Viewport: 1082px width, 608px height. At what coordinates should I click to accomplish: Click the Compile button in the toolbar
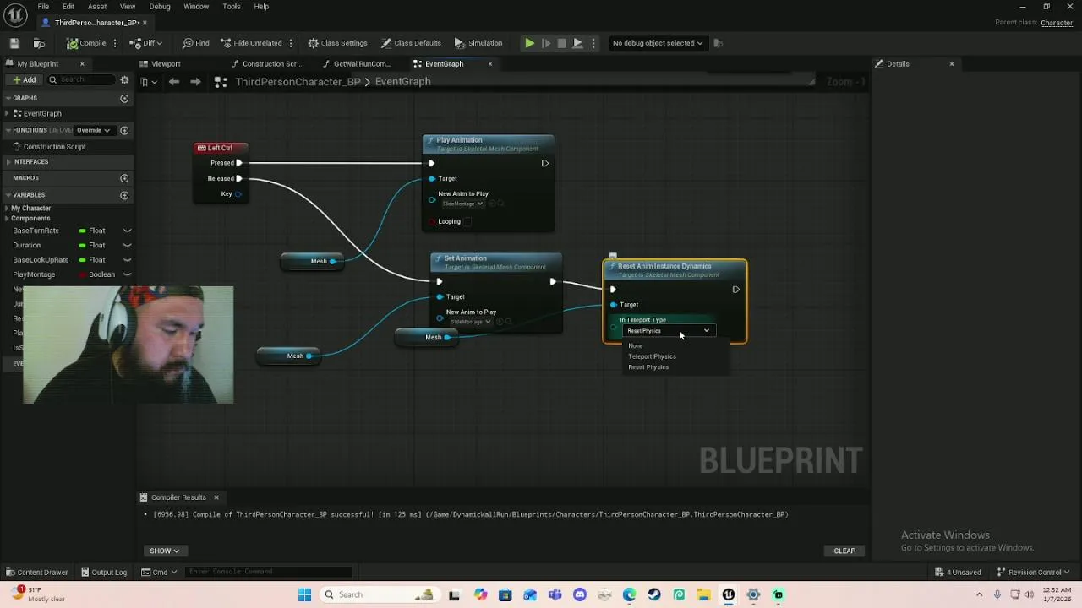point(87,43)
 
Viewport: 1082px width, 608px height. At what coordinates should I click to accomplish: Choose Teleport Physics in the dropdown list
point(652,356)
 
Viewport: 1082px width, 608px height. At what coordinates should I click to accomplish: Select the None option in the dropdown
point(636,345)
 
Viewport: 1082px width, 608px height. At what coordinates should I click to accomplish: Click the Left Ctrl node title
point(220,148)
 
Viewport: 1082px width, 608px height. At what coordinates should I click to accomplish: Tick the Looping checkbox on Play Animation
point(468,221)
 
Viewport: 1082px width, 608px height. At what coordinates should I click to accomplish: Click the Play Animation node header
point(459,140)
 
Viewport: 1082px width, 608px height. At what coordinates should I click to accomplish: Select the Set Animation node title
point(465,258)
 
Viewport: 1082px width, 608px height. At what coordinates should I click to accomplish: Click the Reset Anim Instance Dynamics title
point(664,266)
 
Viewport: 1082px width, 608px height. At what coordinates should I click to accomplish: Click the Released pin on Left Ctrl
point(238,178)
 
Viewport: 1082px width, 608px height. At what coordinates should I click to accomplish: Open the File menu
point(43,7)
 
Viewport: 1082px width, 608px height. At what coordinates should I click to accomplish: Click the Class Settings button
point(337,43)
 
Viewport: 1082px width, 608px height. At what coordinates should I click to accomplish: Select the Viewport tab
point(165,64)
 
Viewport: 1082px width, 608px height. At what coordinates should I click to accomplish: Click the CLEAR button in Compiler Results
point(844,551)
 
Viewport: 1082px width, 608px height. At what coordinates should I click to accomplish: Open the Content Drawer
point(36,572)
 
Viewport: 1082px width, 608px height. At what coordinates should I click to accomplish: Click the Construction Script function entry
point(54,147)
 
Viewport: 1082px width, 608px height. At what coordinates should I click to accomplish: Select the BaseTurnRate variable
point(36,231)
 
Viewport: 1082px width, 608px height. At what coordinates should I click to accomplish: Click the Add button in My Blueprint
point(24,79)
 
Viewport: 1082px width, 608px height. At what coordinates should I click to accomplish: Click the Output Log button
point(104,572)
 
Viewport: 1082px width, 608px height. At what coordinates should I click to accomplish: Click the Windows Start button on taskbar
point(304,594)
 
